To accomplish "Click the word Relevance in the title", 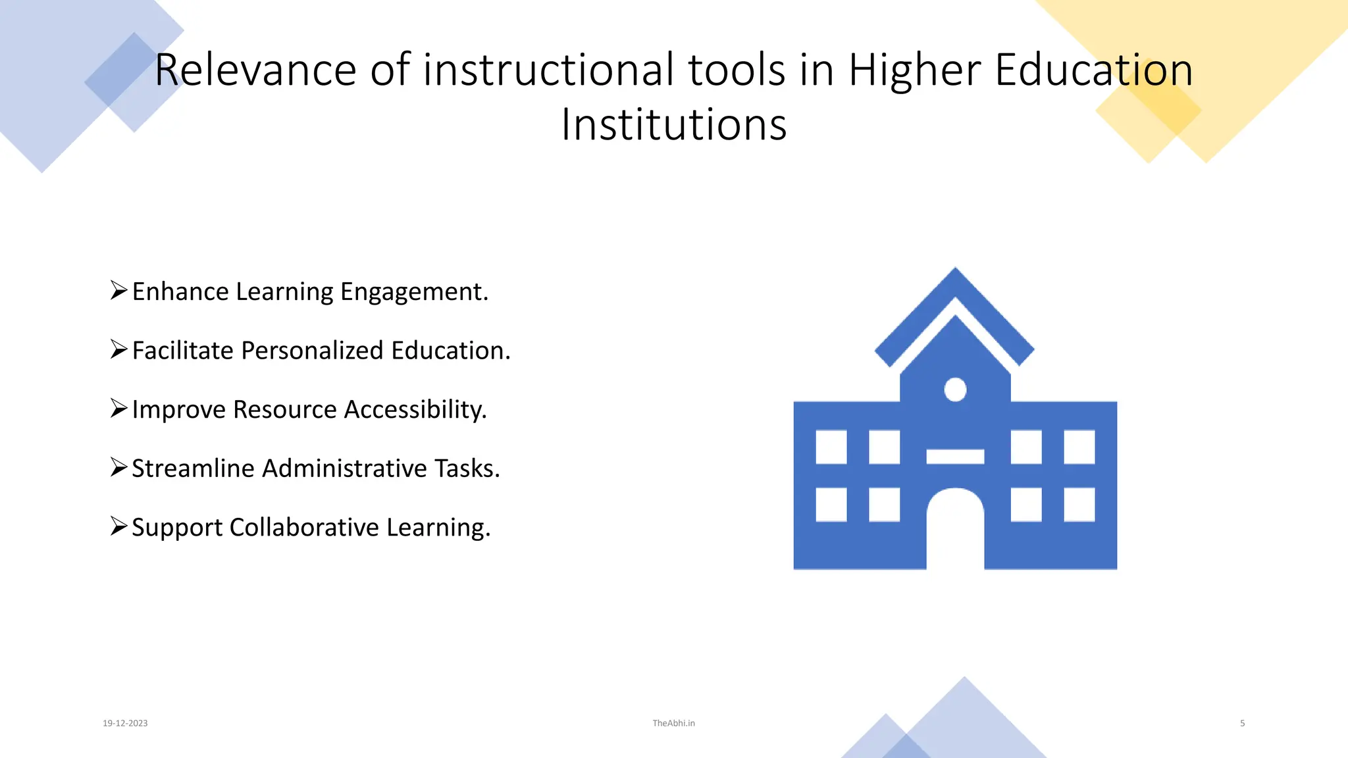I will coord(255,70).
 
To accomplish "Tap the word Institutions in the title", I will coord(673,125).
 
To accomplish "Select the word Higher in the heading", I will coord(914,70).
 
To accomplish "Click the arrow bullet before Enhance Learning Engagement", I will coord(118,290).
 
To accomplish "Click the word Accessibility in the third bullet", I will coord(415,410).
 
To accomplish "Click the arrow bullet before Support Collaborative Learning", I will coord(118,526).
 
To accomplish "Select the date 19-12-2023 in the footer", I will coord(125,723).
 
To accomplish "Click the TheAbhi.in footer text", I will coord(673,723).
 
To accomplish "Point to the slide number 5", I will coord(1242,723).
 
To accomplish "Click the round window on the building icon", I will coord(955,390).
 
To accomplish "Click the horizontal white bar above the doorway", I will coord(955,457).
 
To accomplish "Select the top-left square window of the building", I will coord(831,447).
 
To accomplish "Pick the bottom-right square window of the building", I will coord(1079,505).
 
